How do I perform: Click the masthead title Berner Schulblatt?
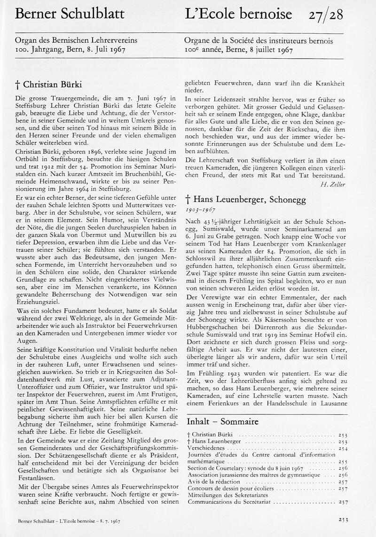[70, 15]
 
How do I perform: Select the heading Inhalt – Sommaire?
[222, 420]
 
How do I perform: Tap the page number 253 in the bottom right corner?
[343, 519]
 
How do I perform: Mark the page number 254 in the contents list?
[343, 448]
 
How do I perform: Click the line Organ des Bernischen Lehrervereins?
[76, 41]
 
